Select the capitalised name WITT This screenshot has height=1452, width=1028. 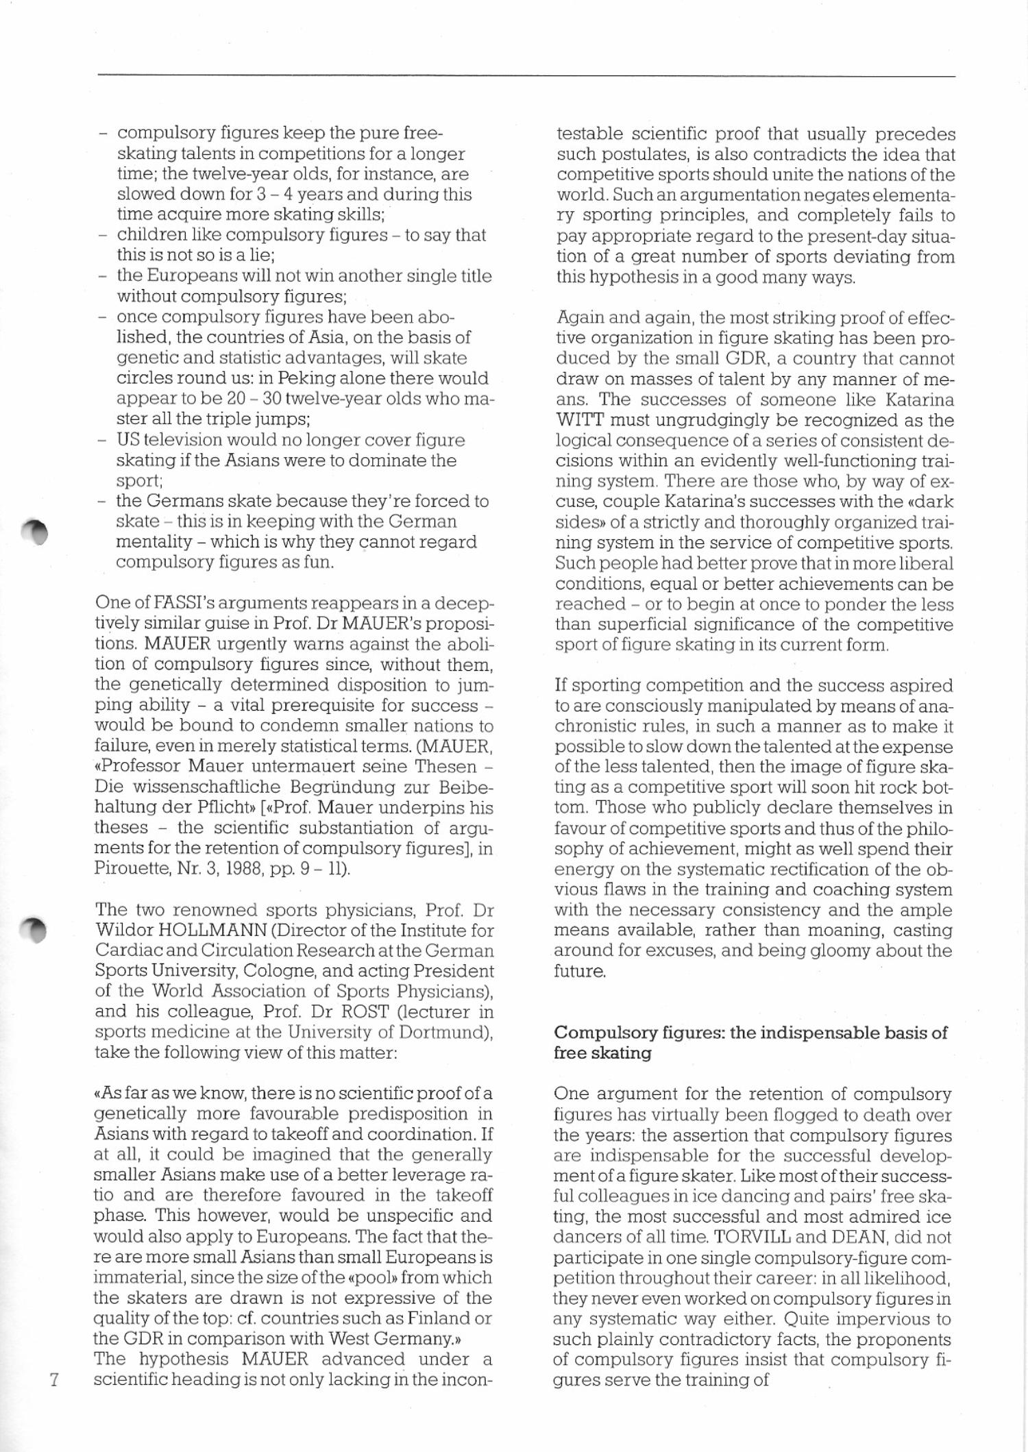click(x=580, y=420)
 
